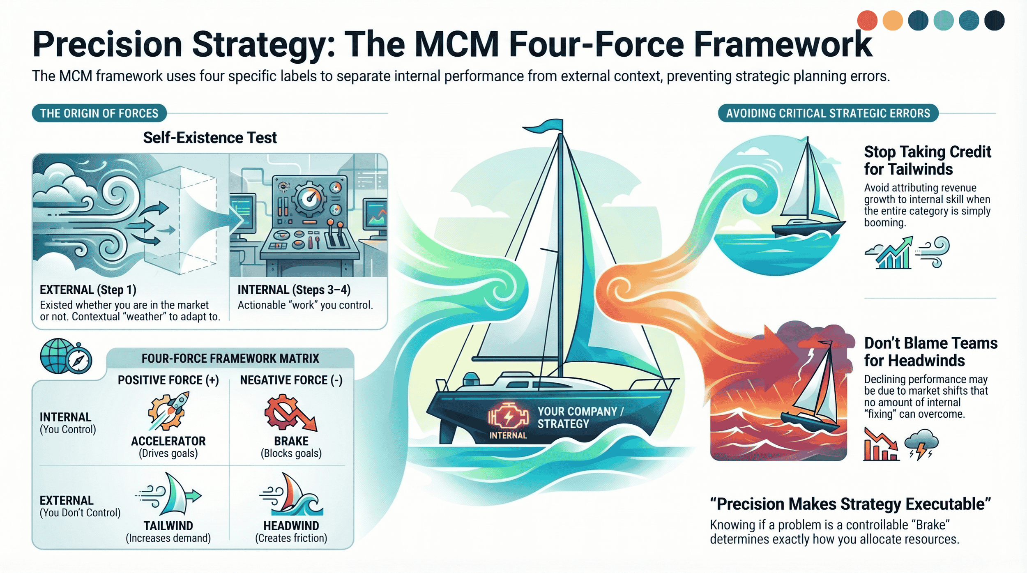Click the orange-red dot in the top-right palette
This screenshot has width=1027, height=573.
(867, 21)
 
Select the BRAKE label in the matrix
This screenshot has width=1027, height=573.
(291, 441)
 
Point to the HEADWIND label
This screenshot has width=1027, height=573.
(291, 526)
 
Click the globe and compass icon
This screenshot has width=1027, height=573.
(66, 356)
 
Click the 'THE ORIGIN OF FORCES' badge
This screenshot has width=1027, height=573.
(99, 113)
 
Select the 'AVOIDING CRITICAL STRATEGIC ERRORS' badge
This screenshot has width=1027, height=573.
(828, 113)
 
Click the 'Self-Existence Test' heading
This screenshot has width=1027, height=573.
(210, 138)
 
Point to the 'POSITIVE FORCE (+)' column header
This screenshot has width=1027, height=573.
(168, 380)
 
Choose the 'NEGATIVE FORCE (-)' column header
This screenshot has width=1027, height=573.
(291, 380)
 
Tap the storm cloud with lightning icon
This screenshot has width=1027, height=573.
(922, 444)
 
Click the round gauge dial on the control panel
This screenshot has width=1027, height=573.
(309, 199)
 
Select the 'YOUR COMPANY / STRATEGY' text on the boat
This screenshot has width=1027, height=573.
(580, 417)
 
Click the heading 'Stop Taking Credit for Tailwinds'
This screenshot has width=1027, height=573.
(927, 161)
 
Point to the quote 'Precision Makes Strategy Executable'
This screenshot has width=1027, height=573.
(850, 504)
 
